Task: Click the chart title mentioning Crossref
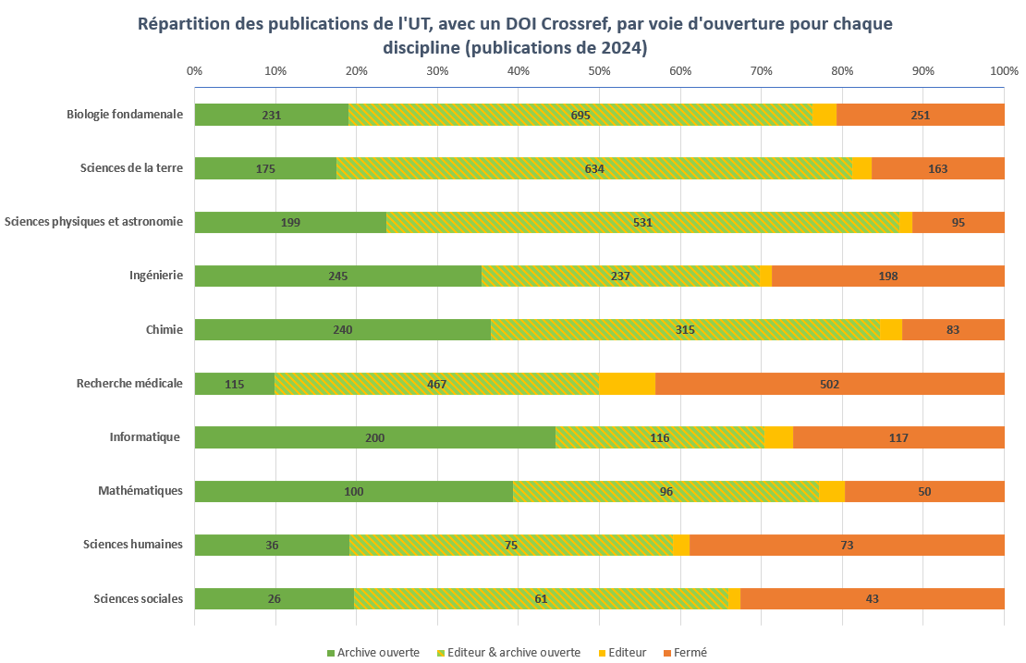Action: pos(515,35)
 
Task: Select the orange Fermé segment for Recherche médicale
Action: pos(829,384)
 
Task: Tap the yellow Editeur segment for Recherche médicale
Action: pos(627,384)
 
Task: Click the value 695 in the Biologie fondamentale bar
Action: pos(580,115)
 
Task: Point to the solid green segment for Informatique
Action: pos(374,437)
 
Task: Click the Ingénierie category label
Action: pos(156,275)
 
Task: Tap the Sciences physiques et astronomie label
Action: pos(93,221)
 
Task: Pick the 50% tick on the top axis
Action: pos(599,70)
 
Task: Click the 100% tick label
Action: pos(1003,70)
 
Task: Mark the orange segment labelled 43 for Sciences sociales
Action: pos(872,598)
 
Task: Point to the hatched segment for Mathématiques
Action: pos(666,491)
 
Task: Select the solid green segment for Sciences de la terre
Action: pos(265,168)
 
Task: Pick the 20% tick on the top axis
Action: pos(356,70)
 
